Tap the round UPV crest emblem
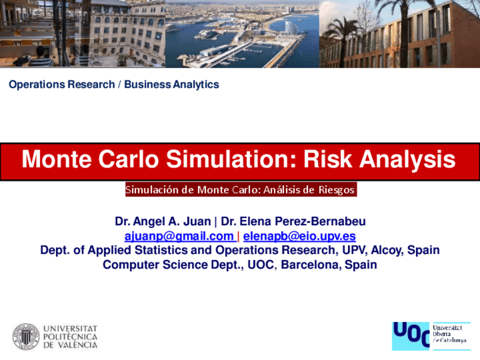pos(26,336)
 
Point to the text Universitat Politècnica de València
pos(70,336)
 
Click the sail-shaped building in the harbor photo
pos(290,27)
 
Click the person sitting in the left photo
pos(42,57)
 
